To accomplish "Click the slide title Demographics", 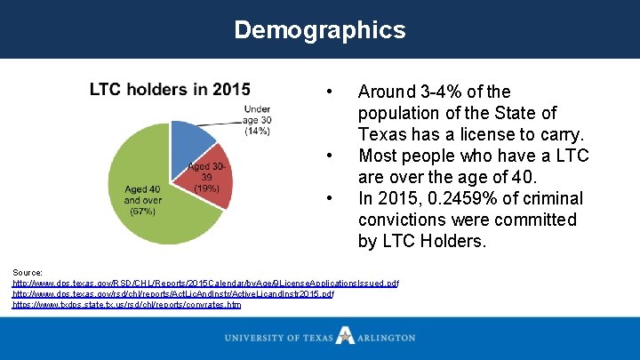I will pos(319,29).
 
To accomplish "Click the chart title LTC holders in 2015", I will pos(170,89).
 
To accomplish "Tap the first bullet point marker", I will pos(330,92).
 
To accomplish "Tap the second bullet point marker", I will pos(330,156).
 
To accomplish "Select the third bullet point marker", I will pos(330,198).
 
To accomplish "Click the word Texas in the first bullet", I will pos(382,135).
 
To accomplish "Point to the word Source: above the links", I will pos(28,271).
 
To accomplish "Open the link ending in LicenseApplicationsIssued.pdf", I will pos(205,283).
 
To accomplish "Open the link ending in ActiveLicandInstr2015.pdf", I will pos(173,293).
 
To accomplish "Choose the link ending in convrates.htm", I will pos(126,304).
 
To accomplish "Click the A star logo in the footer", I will pos(345,336).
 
